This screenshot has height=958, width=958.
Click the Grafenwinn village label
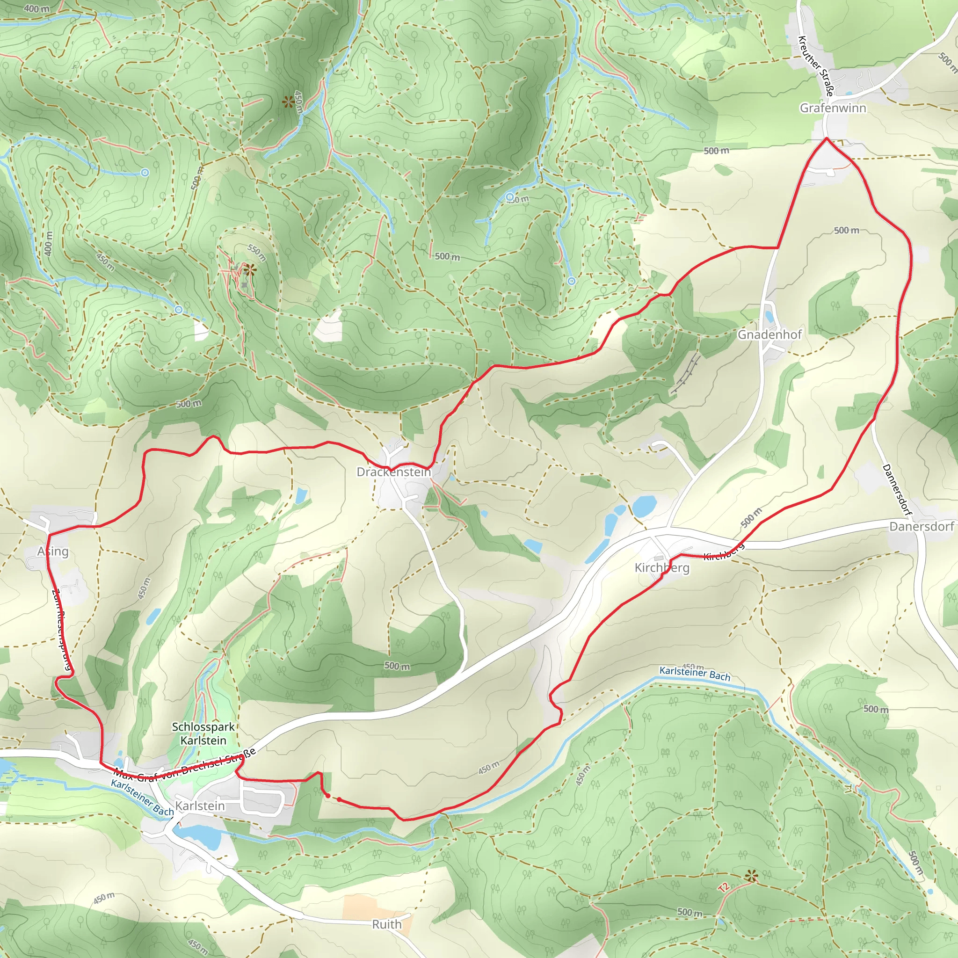[x=833, y=108]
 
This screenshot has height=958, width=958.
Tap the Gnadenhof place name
[x=769, y=335]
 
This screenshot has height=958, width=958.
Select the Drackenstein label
[x=394, y=472]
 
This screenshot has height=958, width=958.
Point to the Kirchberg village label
[x=662, y=567]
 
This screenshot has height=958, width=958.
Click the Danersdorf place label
[x=922, y=526]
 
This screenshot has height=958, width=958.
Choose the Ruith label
[x=387, y=924]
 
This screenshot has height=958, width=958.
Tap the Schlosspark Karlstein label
[x=203, y=733]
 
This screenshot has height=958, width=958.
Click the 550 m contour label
[x=257, y=253]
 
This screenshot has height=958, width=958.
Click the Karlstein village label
[x=200, y=806]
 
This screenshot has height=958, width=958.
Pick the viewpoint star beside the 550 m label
[x=249, y=271]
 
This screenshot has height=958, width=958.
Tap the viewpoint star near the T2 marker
[x=752, y=877]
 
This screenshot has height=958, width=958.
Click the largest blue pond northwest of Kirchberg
[x=645, y=506]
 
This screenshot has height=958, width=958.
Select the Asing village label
[x=53, y=552]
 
